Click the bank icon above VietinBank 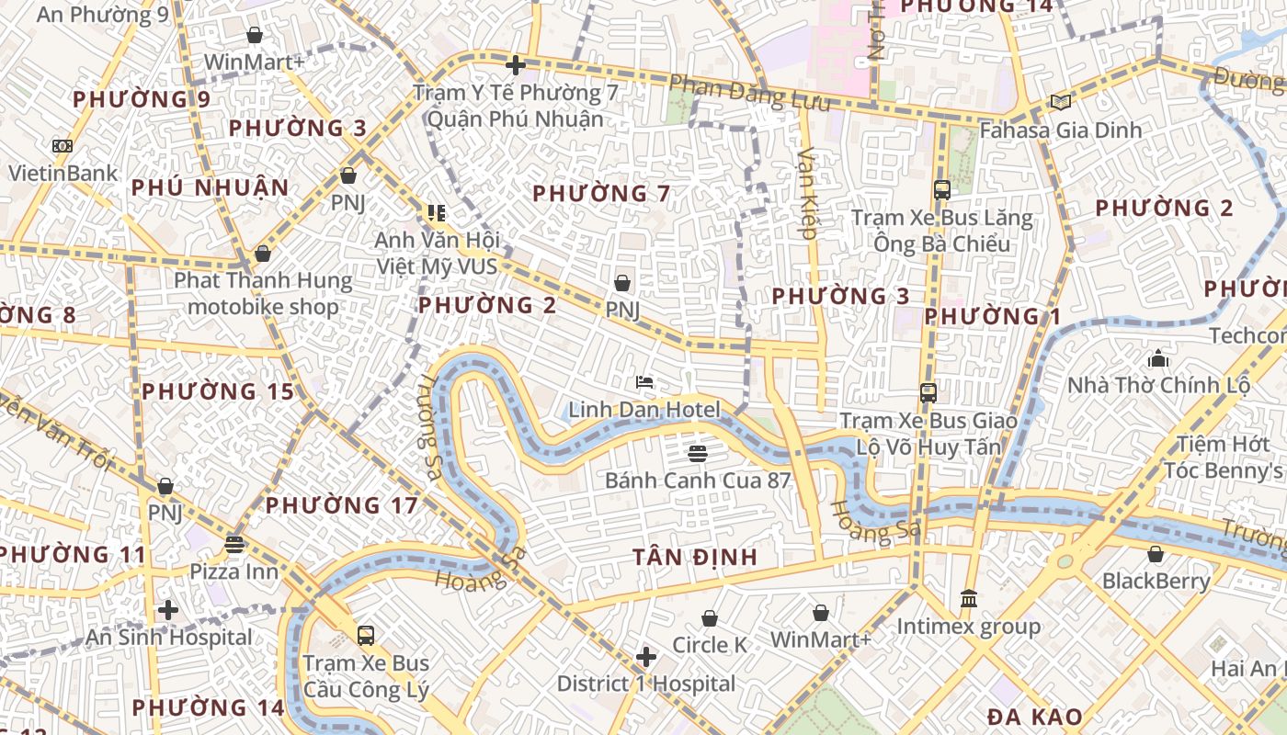[62, 145]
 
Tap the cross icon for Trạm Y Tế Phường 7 [516, 64]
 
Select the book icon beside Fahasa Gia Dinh [1060, 102]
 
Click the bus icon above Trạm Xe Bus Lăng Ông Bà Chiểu [942, 190]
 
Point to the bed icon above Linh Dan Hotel [644, 381]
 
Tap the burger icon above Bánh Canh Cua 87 [697, 452]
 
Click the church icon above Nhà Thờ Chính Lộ [1157, 357]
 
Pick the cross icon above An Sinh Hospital [167, 609]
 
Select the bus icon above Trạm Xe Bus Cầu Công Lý [366, 635]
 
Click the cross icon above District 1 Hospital [646, 656]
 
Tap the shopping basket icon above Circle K [710, 618]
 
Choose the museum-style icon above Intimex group [969, 599]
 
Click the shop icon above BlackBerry [1156, 554]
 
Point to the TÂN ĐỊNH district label [695, 557]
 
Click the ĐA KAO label [1035, 717]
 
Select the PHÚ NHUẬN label [210, 188]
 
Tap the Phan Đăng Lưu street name [749, 92]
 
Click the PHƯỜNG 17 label [342, 505]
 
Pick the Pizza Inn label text [233, 571]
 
